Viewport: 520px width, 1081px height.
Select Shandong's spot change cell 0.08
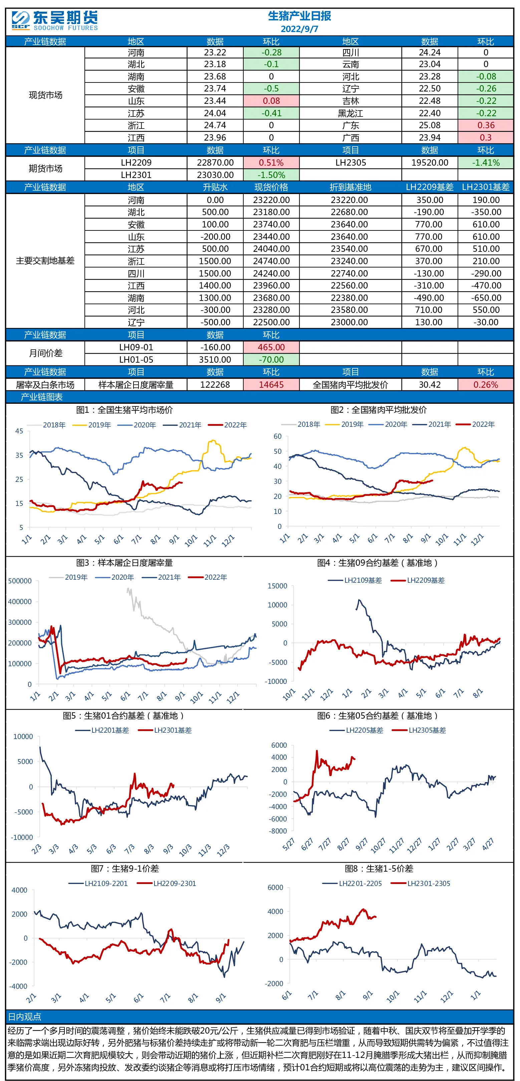coord(271,101)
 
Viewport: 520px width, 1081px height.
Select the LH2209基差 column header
coord(430,187)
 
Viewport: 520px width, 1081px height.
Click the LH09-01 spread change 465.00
coord(271,347)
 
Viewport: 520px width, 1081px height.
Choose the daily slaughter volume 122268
coord(215,385)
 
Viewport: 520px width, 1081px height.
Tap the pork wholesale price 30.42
coord(430,385)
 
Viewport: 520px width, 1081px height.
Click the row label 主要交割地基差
coord(45,260)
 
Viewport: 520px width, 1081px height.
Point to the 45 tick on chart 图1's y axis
coord(19,431)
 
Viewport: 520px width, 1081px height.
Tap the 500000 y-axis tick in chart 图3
coord(20,581)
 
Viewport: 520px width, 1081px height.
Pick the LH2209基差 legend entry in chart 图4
coord(418,580)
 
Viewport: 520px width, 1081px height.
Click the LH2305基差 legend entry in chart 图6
coord(419,730)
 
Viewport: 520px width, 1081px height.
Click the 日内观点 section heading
coord(25,1016)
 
